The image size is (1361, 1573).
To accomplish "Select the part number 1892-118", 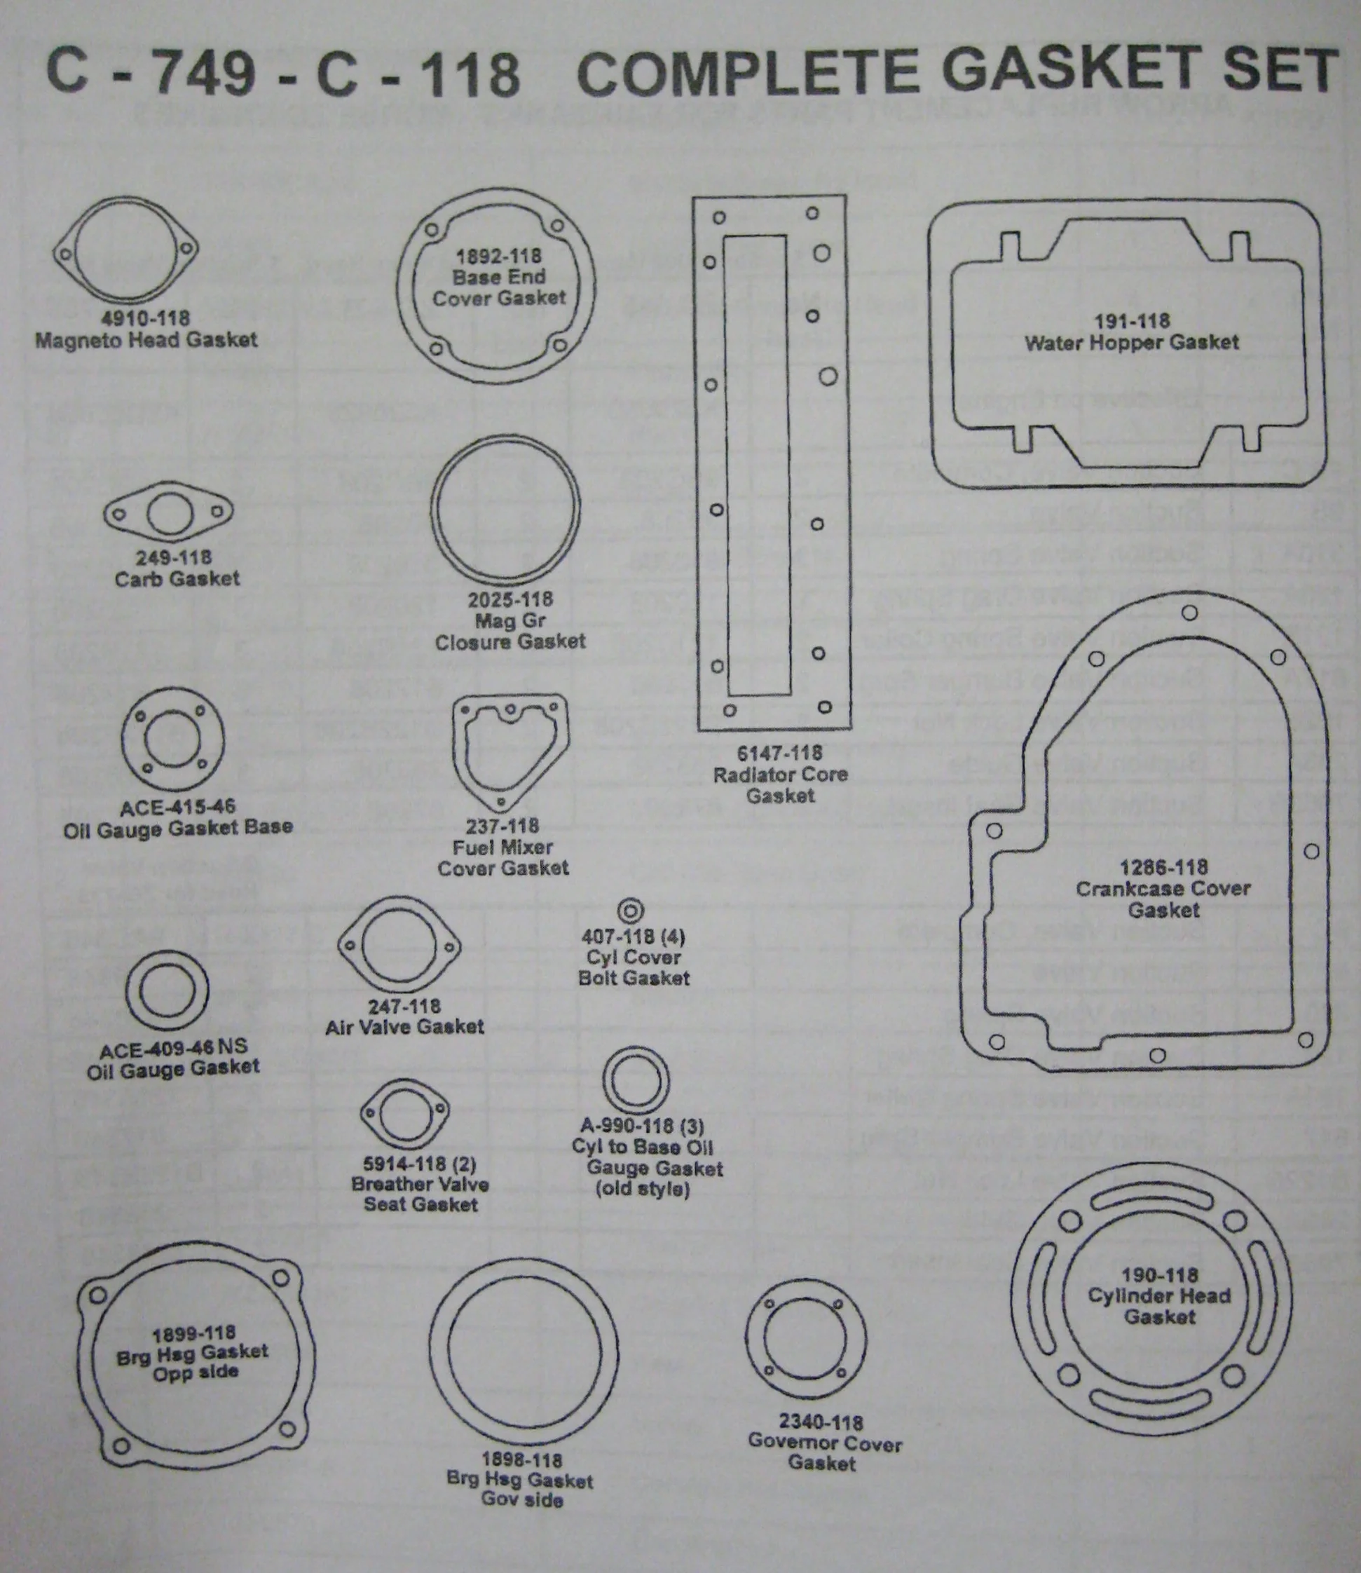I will (x=498, y=256).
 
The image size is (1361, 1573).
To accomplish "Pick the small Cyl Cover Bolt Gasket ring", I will (x=630, y=910).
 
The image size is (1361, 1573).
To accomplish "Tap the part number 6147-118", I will (x=779, y=754).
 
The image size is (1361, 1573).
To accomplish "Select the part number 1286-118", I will (x=1163, y=867).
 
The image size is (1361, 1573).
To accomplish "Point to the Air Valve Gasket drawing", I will (x=400, y=946).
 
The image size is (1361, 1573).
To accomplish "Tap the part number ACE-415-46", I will (x=178, y=807).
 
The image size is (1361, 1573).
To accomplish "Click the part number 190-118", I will (x=1160, y=1275).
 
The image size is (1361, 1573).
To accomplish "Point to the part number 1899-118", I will (x=193, y=1334).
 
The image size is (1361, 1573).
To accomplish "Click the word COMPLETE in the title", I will (x=747, y=72).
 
